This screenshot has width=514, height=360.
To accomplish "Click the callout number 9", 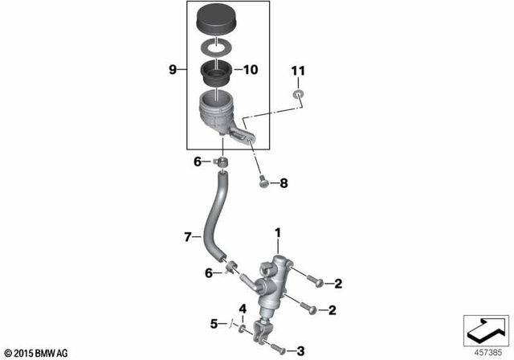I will tap(172, 71).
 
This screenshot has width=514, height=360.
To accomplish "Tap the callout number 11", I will tap(298, 72).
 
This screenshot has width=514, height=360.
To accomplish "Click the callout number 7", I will tap(187, 237).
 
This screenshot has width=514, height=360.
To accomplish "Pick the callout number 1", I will tap(278, 234).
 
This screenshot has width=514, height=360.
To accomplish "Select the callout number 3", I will tap(300, 350).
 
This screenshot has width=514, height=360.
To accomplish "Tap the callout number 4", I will tap(242, 309).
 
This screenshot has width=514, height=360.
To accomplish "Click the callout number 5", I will tap(214, 324).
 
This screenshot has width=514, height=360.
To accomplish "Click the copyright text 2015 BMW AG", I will tap(36, 353).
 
